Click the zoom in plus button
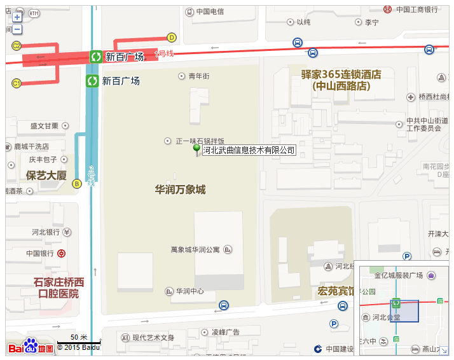pyautogui.click(x=17, y=18)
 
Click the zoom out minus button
pyautogui.click(x=17, y=29)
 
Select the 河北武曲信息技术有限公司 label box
pyautogui.click(x=249, y=150)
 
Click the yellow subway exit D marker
pyautogui.click(x=171, y=37)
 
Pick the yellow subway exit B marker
pyautogui.click(x=77, y=184)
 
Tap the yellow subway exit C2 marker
pyautogui.click(x=17, y=46)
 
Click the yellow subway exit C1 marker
pyautogui.click(x=17, y=83)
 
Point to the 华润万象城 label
pyautogui.click(x=180, y=190)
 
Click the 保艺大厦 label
pyautogui.click(x=46, y=175)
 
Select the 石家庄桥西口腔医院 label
pyautogui.click(x=58, y=287)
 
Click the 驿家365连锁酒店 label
pyautogui.click(x=341, y=80)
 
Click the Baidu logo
pyautogui.click(x=30, y=347)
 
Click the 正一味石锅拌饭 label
pyautogui.click(x=200, y=141)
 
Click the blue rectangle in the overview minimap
pyautogui.click(x=404, y=312)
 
